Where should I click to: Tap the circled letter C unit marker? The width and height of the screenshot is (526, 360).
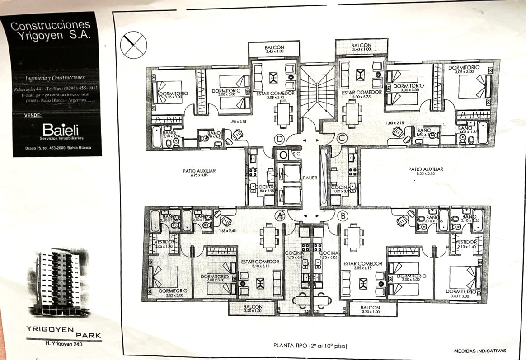(x=342, y=137)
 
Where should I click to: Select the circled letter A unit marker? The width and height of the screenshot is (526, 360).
(x=280, y=217)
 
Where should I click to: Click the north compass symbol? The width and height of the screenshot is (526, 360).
(x=134, y=44)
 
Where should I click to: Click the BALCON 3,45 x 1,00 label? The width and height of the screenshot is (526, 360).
(x=274, y=49)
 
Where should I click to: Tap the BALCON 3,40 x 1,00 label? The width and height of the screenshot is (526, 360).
(x=361, y=47)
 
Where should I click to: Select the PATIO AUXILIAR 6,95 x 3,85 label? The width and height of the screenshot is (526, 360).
(x=199, y=173)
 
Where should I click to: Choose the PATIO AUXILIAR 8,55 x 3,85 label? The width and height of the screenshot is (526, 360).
(x=426, y=171)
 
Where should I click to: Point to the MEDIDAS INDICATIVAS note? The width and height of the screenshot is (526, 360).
(x=480, y=351)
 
